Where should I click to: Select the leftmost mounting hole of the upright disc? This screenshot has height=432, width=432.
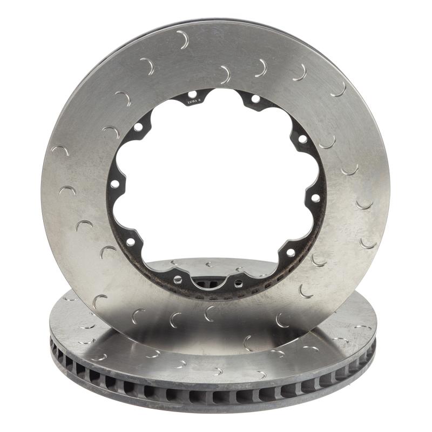[x=114, y=184]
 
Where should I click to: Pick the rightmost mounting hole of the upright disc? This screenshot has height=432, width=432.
[x=315, y=198]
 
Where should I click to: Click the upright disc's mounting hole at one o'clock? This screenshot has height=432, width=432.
[x=255, y=99]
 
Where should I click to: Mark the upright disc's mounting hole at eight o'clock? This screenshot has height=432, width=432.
[x=130, y=242]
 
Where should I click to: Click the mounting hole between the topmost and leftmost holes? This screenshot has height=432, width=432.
[x=138, y=127]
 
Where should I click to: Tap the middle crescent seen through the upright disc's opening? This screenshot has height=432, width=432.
[x=208, y=264]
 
